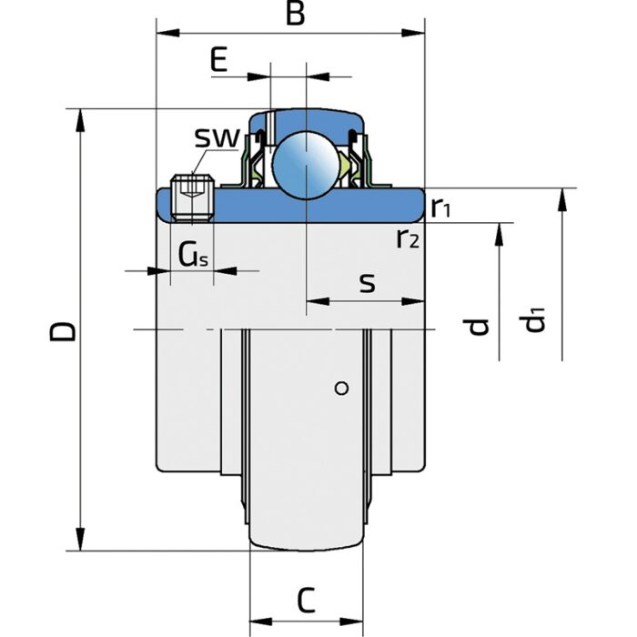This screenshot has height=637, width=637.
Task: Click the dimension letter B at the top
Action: [293, 15]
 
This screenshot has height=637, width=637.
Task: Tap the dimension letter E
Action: [217, 61]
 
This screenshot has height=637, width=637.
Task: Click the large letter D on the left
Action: [63, 330]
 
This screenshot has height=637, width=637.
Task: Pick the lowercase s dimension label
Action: [367, 284]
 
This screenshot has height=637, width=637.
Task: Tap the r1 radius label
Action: [442, 208]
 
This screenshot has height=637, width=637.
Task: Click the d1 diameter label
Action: [534, 320]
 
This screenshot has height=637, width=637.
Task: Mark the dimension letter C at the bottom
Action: [307, 600]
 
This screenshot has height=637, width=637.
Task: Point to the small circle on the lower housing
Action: [342, 389]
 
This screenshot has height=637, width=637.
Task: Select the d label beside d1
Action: [481, 324]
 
